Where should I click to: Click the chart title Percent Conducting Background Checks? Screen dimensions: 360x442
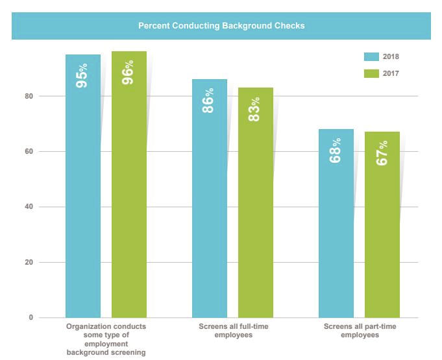tap(221, 27)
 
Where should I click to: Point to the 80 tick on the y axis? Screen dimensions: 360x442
tap(29, 96)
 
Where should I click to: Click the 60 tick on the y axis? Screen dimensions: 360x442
tap(29, 152)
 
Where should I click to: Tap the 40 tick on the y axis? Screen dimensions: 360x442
tap(29, 207)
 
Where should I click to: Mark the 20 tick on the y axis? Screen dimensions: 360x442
tap(29, 263)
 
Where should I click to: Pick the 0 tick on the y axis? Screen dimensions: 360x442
tap(31, 318)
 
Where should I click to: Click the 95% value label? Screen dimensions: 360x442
tap(82, 75)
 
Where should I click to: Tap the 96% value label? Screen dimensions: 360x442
tap(129, 73)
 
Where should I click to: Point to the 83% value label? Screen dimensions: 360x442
tap(255, 109)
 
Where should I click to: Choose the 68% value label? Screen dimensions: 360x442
tap(336, 150)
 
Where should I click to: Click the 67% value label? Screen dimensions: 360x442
tap(382, 152)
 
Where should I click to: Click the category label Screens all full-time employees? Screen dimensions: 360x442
tap(232, 330)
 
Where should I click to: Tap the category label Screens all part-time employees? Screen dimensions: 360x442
tap(359, 330)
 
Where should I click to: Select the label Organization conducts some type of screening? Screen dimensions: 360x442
tap(106, 339)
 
